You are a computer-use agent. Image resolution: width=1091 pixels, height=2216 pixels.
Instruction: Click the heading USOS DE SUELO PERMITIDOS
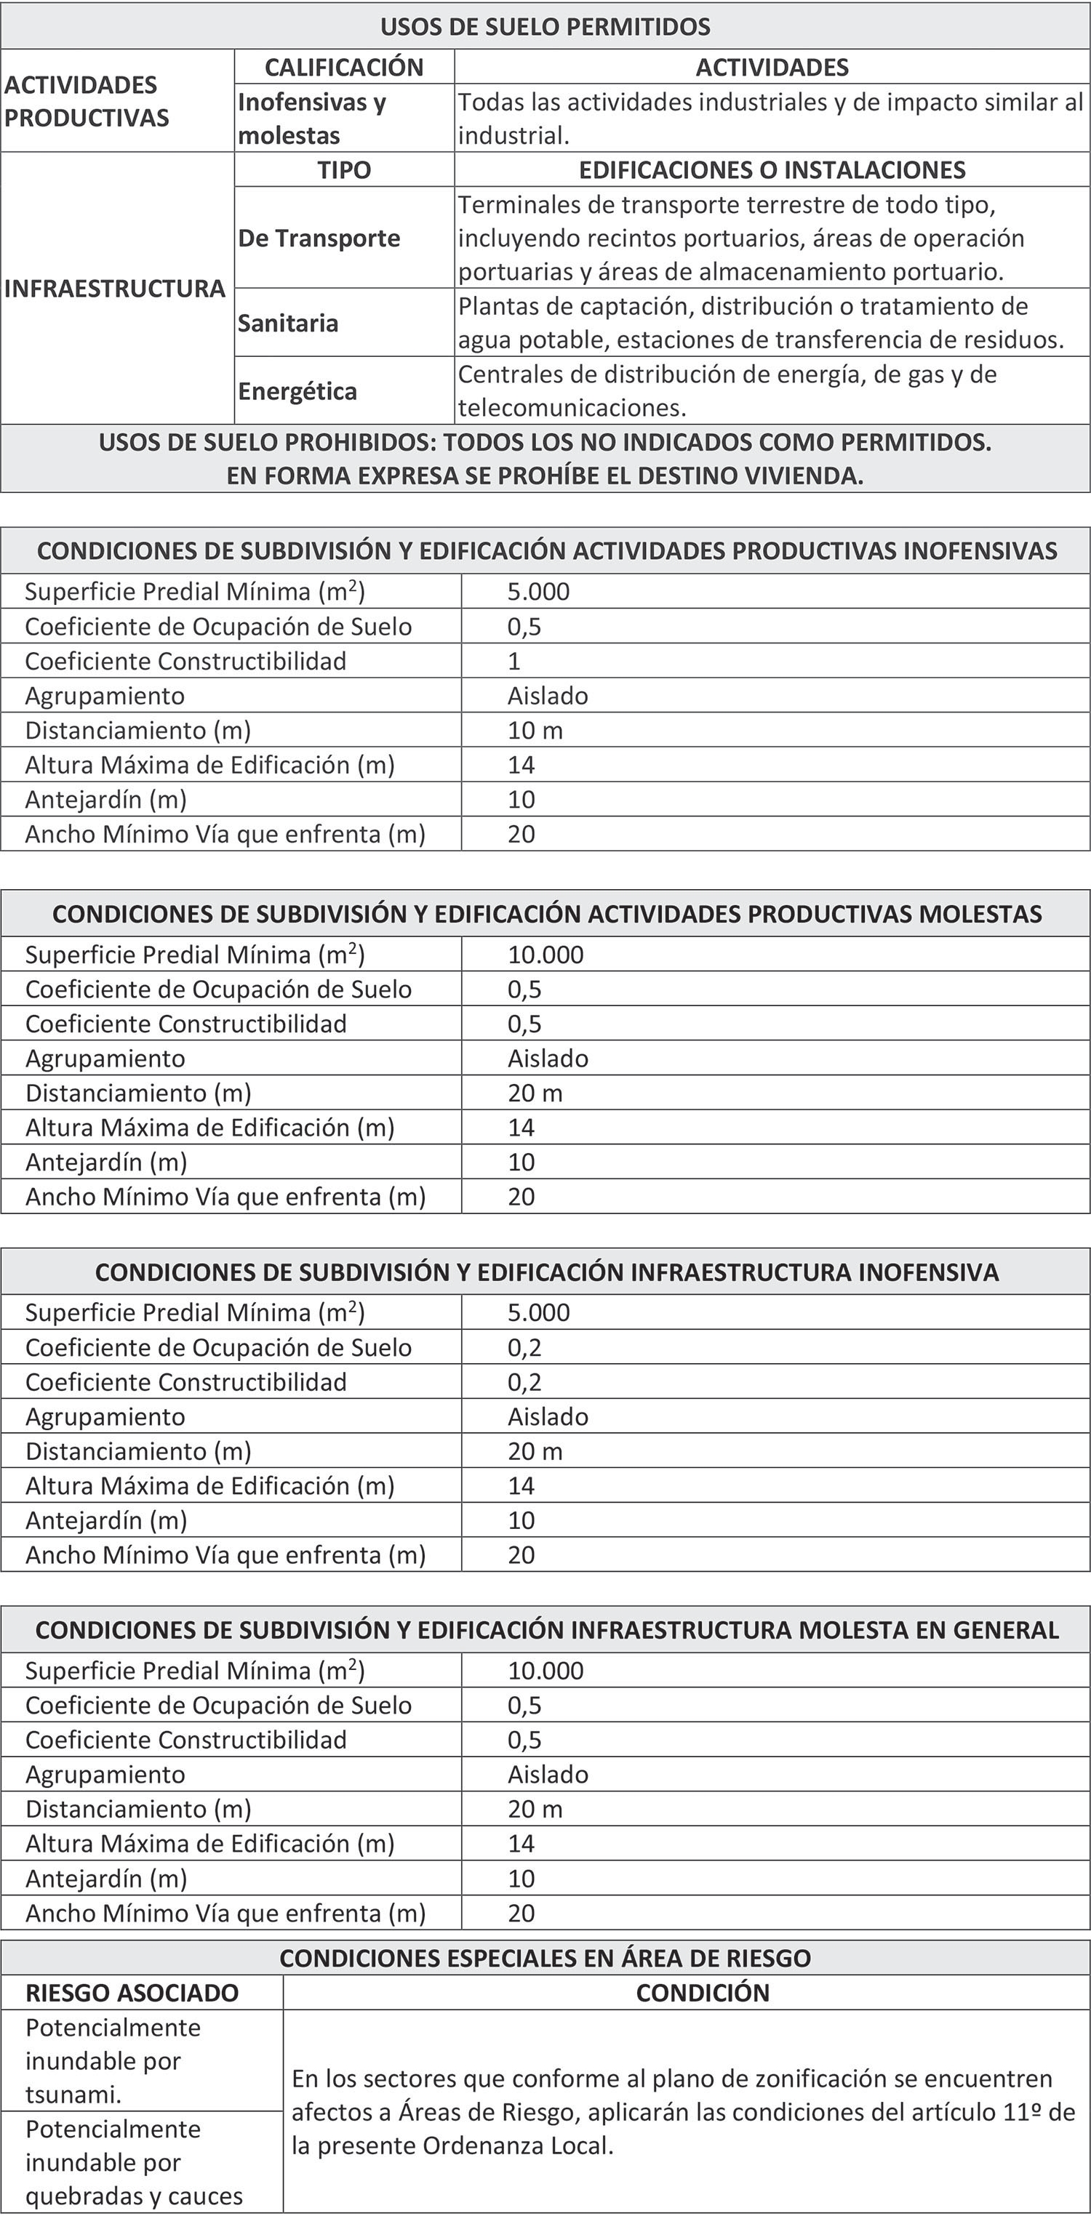545,27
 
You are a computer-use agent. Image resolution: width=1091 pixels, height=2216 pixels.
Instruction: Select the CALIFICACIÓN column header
344,67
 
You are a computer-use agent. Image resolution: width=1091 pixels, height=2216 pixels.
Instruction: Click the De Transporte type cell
319,238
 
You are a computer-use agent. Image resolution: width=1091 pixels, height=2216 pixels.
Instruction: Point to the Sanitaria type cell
288,323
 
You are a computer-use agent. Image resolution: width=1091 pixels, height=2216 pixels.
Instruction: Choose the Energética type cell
297,390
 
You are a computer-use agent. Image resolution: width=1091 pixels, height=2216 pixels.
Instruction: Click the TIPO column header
344,169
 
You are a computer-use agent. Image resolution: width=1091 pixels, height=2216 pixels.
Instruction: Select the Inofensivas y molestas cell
311,118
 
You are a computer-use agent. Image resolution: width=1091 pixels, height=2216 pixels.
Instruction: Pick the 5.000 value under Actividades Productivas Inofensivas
539,591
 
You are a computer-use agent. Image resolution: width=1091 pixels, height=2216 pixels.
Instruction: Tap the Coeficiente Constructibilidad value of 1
513,661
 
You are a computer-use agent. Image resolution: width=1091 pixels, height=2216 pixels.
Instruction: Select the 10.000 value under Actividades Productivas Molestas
545,954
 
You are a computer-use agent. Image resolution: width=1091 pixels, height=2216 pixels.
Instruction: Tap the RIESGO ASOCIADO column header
132,1992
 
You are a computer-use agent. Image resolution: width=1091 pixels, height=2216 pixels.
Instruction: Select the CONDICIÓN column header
702,1992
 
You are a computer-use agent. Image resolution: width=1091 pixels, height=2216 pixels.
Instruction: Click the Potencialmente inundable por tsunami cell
113,2060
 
